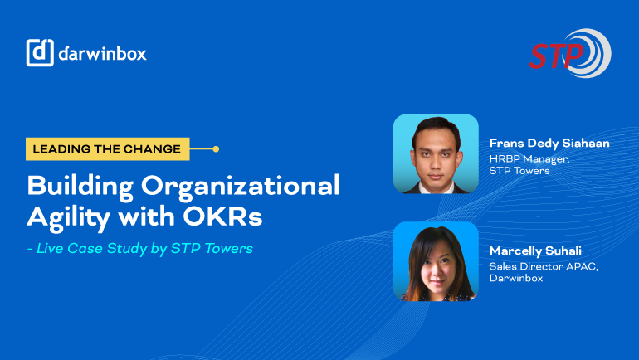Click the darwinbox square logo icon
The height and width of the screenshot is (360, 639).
40,52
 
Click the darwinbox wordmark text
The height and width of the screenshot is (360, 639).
102,53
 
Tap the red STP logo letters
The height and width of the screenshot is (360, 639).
556,56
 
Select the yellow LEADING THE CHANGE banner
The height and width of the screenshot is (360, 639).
108,149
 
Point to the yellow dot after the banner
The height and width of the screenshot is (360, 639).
216,149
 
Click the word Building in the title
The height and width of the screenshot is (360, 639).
80,187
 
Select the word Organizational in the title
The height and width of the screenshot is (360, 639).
241,187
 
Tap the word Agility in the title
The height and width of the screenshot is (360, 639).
68,217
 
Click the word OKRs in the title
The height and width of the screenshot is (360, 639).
222,216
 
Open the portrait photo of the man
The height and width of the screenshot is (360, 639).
436,154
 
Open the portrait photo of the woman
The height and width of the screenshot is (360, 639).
436,261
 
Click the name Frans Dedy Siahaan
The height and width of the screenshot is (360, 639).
549,143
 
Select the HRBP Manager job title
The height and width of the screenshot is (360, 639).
529,158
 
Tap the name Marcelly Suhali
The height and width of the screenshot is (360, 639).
535,251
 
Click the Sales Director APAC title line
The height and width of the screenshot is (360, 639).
544,267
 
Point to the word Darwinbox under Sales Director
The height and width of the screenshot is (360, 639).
516,278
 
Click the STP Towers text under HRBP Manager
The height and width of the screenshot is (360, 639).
519,171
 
